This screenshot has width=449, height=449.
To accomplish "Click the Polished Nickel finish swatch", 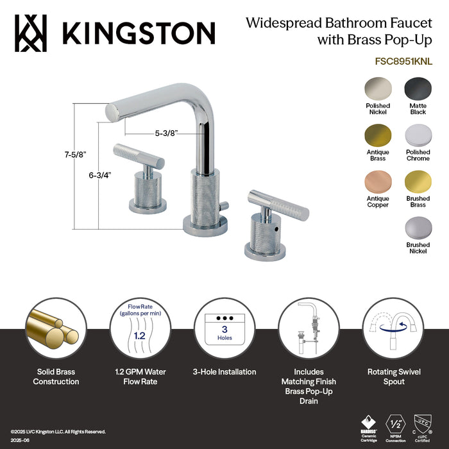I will (x=378, y=88).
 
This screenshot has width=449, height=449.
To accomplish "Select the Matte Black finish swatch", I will (x=418, y=88).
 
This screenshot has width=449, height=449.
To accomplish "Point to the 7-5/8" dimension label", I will (x=75, y=154).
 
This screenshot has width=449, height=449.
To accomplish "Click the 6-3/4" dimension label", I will (x=102, y=174).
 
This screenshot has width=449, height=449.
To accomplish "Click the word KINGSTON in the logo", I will (x=137, y=32).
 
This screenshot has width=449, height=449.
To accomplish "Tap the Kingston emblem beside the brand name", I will (x=30, y=32).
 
